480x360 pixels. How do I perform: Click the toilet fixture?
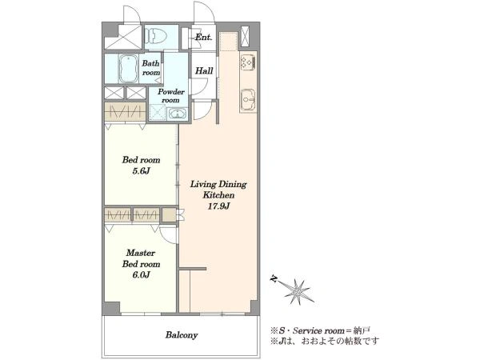(x=155, y=36)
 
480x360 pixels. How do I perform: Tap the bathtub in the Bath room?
(x=129, y=69)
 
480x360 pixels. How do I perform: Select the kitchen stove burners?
(x=248, y=62)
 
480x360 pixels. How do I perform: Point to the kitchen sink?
(x=248, y=99)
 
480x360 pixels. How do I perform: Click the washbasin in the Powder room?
(x=178, y=114)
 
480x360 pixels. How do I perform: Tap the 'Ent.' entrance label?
(x=203, y=38)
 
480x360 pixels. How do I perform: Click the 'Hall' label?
(x=204, y=71)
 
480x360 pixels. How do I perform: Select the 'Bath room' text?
(x=151, y=68)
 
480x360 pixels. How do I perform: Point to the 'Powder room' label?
(x=171, y=96)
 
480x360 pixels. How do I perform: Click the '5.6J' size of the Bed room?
(x=141, y=171)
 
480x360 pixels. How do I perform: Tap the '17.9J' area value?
(x=218, y=206)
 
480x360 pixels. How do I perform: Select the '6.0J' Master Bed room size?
(x=141, y=275)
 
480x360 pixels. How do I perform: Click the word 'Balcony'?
(x=182, y=335)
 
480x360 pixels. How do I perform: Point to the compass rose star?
(x=297, y=291)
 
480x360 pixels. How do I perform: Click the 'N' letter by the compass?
(x=274, y=279)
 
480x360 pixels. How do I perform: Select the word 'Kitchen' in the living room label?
(x=218, y=195)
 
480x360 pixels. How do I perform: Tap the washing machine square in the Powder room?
(x=158, y=113)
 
